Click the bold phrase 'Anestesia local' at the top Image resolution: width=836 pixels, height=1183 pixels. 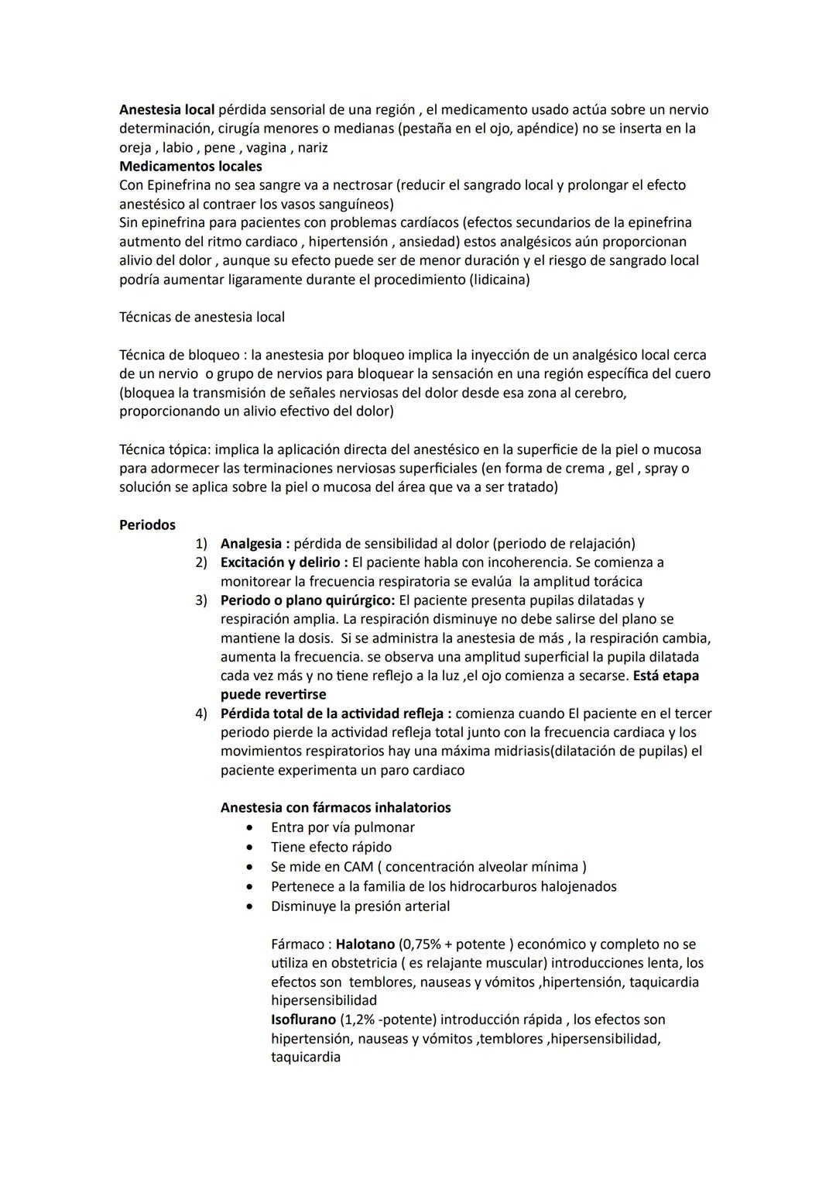(166, 110)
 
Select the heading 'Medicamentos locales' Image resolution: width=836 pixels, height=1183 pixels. (190, 167)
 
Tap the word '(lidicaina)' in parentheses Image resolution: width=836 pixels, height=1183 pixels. (499, 280)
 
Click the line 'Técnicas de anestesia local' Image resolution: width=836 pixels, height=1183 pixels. (201, 317)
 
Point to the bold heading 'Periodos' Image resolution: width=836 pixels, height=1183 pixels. (147, 525)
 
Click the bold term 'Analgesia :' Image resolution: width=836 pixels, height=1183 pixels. (255, 544)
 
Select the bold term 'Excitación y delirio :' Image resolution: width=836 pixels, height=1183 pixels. (284, 562)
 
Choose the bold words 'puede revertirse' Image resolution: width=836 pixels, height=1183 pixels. (273, 695)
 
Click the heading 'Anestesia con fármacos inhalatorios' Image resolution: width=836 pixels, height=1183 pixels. (335, 808)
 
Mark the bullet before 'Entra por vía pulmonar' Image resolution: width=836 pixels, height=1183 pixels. (250, 828)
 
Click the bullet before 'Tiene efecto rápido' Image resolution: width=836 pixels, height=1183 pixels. (250, 848)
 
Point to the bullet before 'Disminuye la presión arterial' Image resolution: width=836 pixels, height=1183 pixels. (250, 906)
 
